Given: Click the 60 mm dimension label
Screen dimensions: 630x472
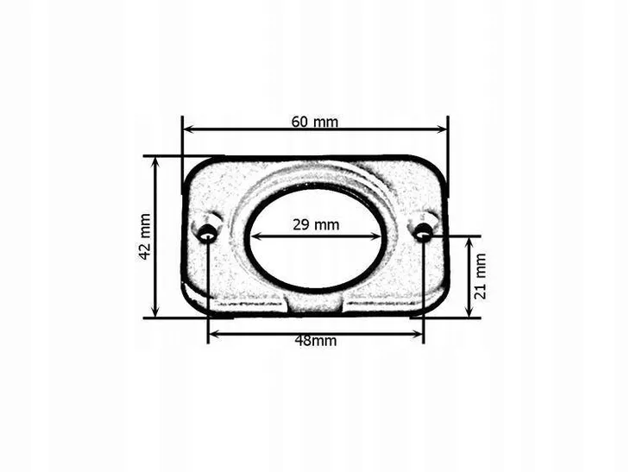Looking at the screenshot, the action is point(315,122).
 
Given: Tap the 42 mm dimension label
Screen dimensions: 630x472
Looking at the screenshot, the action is point(145,237).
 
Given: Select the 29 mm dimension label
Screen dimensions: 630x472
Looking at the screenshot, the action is point(316,224).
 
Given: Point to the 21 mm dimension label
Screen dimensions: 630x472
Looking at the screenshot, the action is point(481,276).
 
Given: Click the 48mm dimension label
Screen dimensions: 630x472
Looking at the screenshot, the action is point(315,341).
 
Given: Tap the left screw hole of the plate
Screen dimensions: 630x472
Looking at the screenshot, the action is point(207,233).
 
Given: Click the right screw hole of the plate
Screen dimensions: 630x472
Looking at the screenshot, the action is point(422,232).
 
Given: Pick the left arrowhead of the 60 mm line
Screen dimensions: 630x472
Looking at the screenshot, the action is point(189,129).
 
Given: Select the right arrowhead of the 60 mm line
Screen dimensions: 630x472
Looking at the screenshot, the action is point(441,129).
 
